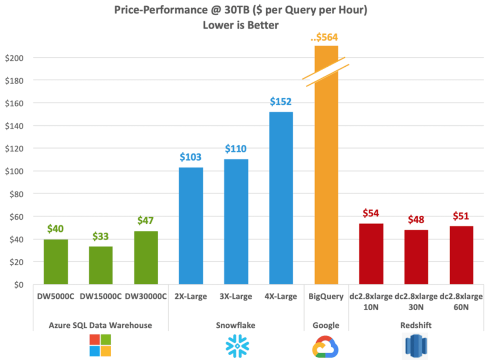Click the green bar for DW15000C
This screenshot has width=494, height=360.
point(101,265)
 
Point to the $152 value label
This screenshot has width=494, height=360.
point(281,102)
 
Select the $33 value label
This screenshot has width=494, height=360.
point(101,237)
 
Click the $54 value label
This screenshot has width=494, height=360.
point(371,214)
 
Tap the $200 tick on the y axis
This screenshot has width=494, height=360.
point(14,58)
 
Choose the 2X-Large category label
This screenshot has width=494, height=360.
point(191,296)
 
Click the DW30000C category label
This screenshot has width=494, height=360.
point(146,296)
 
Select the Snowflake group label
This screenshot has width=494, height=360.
point(236,325)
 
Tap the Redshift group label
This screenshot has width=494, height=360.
point(416,325)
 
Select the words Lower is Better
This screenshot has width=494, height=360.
point(241,25)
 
